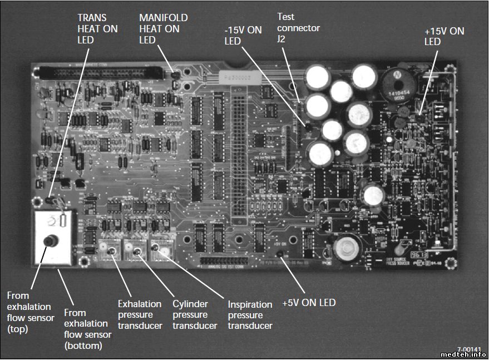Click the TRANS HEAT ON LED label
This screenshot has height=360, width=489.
(x=97, y=28)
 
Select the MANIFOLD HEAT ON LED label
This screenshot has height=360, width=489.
(x=163, y=28)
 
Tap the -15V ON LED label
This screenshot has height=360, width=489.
(x=243, y=36)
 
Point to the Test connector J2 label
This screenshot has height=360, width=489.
(x=299, y=28)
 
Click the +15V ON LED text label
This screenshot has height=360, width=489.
(x=444, y=36)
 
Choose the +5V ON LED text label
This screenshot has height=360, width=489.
(x=309, y=303)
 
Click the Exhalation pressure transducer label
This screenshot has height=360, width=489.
(x=140, y=314)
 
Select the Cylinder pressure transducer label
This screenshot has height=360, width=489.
(x=194, y=314)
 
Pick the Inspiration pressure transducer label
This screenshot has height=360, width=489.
(x=250, y=315)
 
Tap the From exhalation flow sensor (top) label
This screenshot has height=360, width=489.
(x=29, y=312)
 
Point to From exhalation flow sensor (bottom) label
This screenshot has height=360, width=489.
(x=87, y=329)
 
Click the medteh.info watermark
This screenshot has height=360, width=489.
(x=463, y=354)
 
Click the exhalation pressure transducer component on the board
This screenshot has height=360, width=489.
(x=112, y=250)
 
